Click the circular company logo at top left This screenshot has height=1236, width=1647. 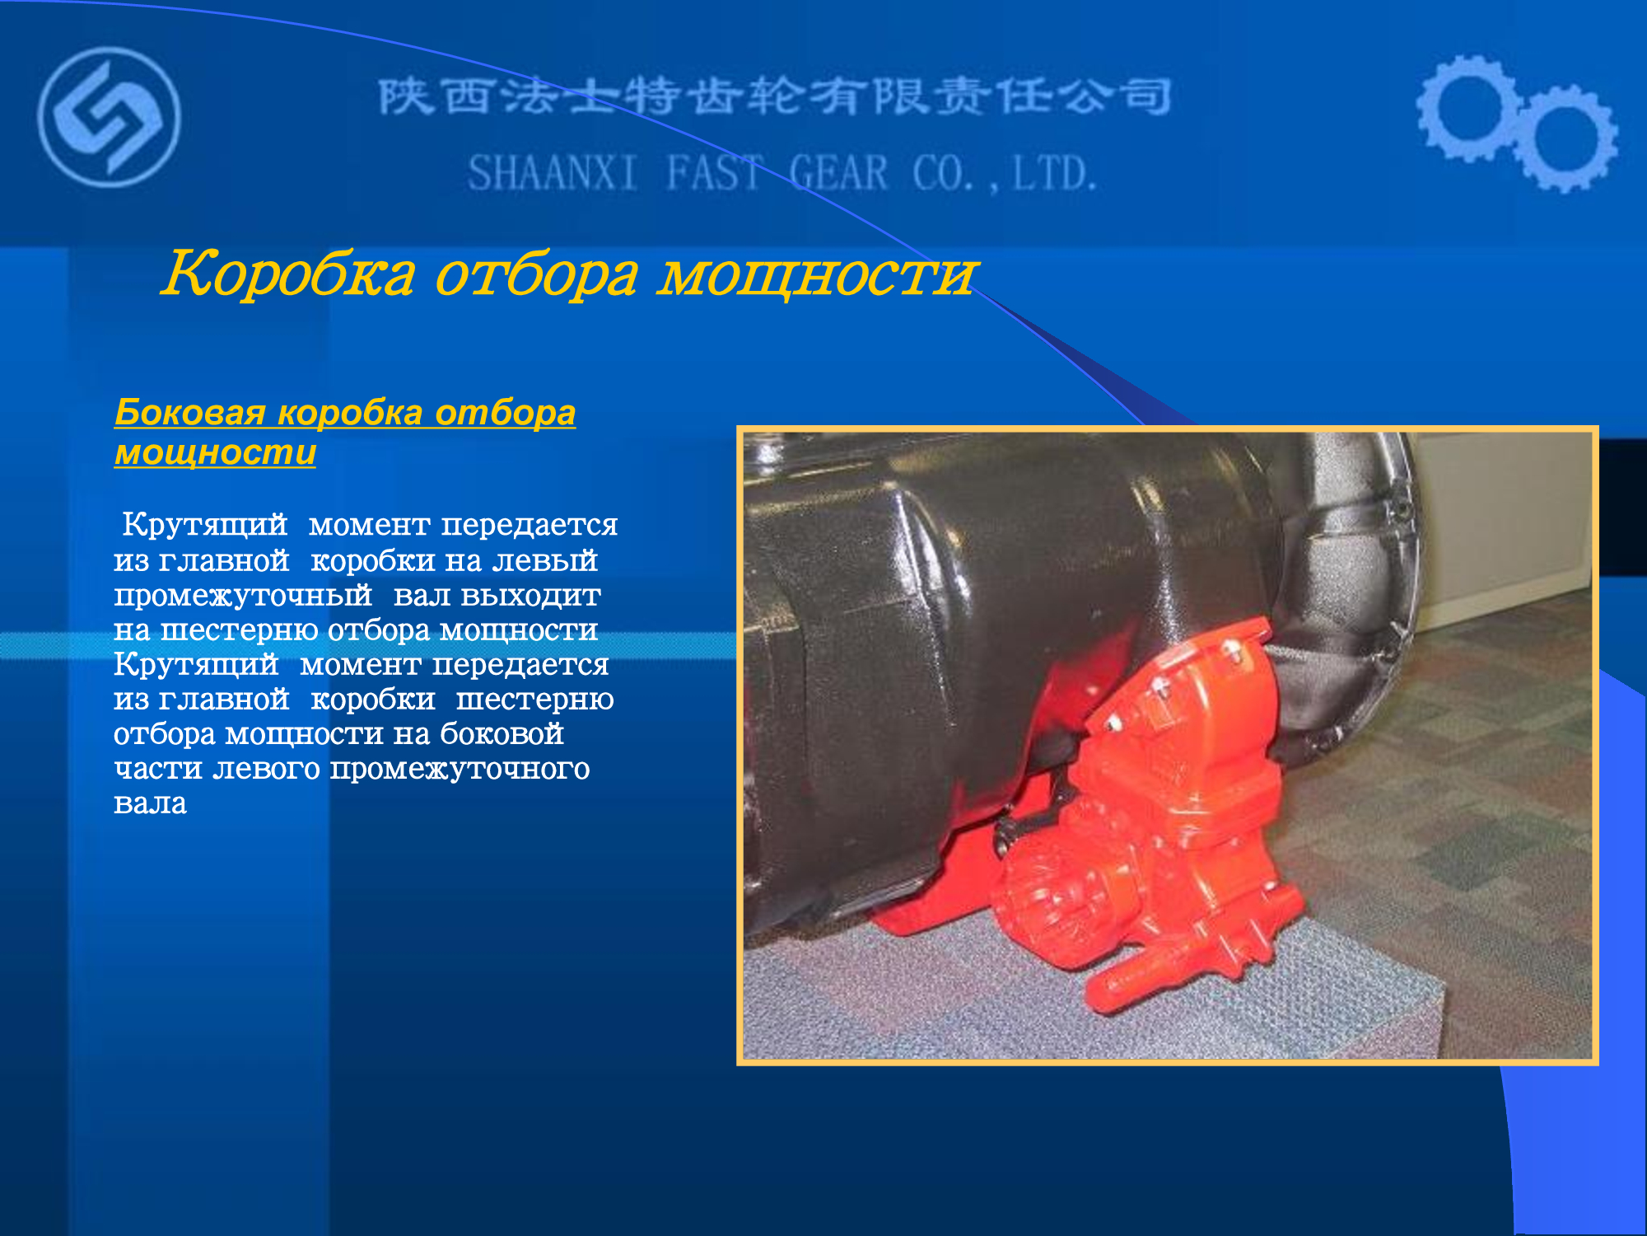tap(109, 117)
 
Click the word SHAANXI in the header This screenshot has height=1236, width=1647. tap(553, 174)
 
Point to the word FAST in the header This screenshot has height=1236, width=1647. tap(714, 174)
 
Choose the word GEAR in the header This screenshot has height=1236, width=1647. tap(838, 174)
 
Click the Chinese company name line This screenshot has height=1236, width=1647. tap(775, 97)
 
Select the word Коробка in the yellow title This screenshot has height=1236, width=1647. tap(288, 274)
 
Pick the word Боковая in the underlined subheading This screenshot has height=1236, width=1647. tap(190, 412)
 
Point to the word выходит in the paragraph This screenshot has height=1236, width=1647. tap(531, 595)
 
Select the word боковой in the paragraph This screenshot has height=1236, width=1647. tap(502, 733)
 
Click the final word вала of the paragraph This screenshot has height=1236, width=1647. tap(150, 803)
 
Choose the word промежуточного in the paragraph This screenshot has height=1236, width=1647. tap(460, 770)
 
